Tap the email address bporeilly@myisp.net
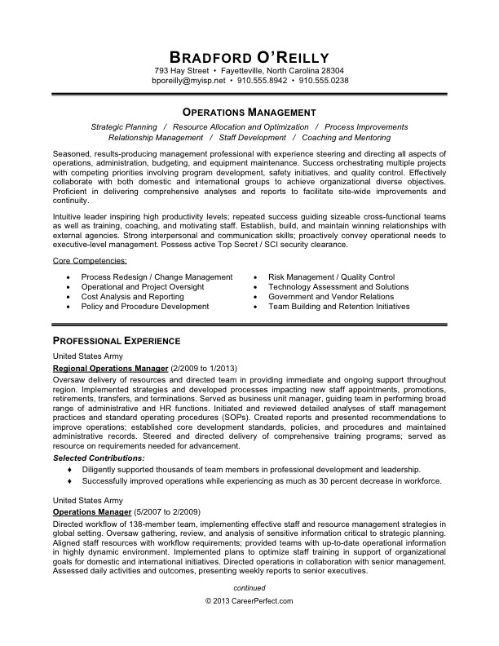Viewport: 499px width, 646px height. [189, 82]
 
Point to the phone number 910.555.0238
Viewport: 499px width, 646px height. [324, 82]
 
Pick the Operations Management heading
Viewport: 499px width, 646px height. [249, 111]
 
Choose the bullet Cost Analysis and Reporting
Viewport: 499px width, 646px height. [132, 297]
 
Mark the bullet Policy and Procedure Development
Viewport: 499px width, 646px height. [145, 307]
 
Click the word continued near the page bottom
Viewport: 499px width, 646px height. [249, 586]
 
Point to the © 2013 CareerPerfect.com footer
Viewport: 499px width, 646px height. [249, 600]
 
